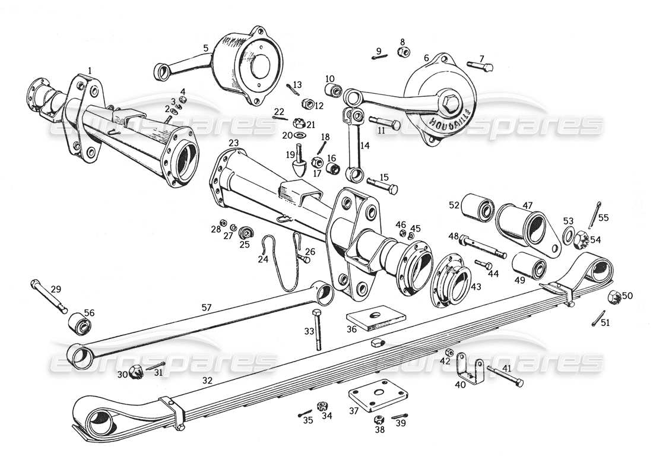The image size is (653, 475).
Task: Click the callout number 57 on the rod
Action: click(x=206, y=307)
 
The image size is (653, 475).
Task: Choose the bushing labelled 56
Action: click(x=82, y=325)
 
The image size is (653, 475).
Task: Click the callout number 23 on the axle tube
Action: click(x=233, y=143)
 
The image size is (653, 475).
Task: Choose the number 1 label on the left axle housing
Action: click(x=90, y=70)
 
